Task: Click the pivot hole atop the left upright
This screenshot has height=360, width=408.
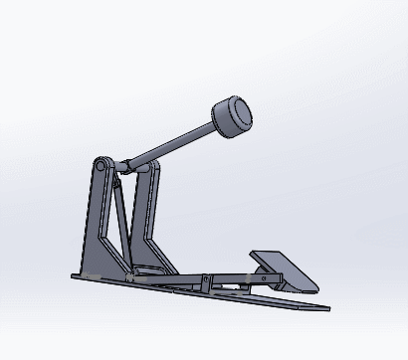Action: click(x=102, y=163)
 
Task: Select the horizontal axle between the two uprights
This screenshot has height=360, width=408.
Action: click(x=124, y=167)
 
